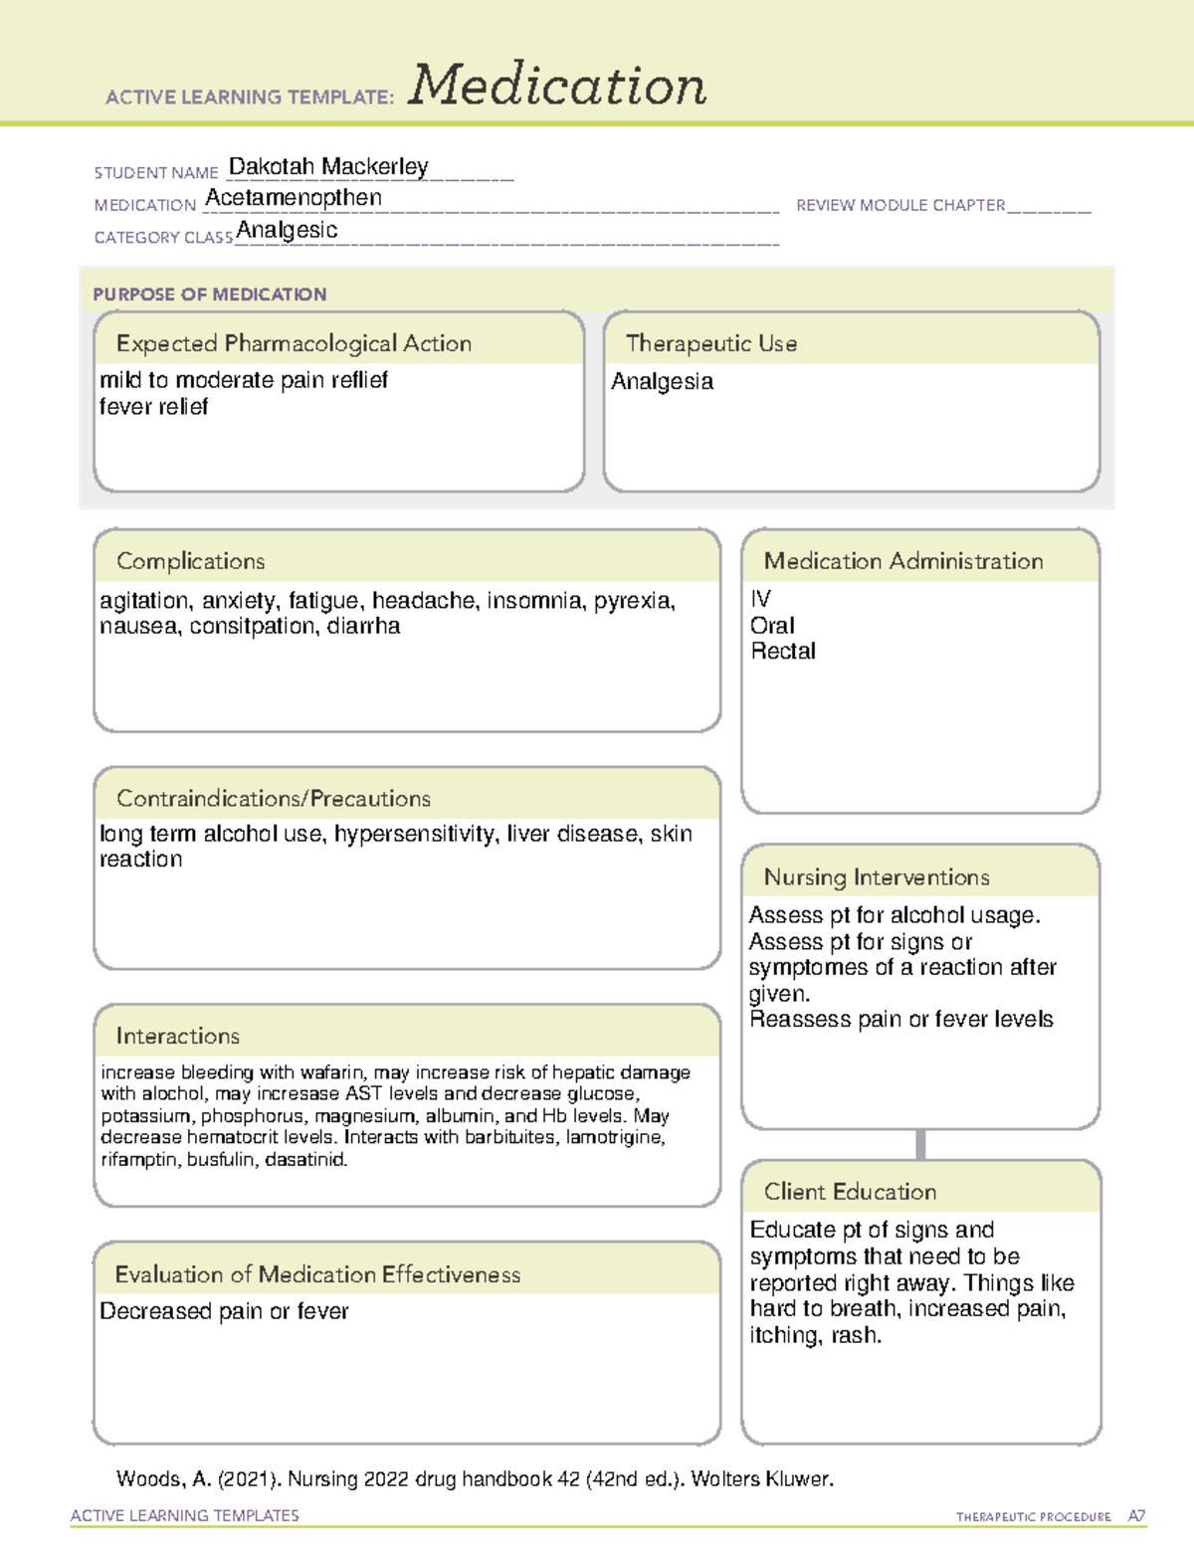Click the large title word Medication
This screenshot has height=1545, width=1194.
coord(557,86)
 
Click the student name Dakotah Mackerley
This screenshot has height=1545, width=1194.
coord(328,166)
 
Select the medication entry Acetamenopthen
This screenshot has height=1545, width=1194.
coord(294,198)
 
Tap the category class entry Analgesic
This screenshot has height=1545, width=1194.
coord(287,230)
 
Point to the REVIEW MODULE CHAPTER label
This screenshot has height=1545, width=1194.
coord(900,205)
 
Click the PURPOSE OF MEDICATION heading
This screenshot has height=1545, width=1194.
coord(210,294)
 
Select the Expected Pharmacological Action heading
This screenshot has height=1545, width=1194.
coord(294,343)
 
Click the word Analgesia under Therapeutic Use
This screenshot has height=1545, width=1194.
coord(662,381)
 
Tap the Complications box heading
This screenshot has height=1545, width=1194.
coord(191,561)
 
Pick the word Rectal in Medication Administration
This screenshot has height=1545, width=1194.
coord(783,651)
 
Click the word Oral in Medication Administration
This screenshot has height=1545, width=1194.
coord(772,626)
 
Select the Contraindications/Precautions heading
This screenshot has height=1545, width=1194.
coord(274,798)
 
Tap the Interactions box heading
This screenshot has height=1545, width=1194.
coord(178,1036)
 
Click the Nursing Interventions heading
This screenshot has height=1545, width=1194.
coord(877,876)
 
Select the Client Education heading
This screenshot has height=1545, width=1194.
coord(850,1191)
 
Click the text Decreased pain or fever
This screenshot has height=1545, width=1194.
coord(224,1311)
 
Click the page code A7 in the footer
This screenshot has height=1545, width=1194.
coord(1136,1516)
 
